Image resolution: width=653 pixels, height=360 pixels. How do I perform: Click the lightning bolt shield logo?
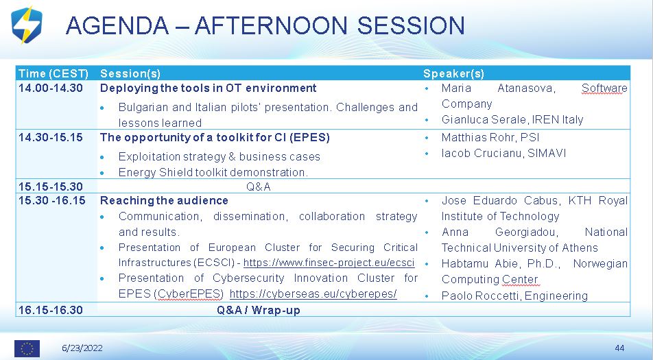coord(27,25)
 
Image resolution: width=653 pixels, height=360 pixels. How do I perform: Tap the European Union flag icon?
coord(27,348)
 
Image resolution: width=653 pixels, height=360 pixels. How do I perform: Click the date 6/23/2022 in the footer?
coord(82,348)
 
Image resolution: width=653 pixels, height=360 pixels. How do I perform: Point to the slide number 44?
coord(619,348)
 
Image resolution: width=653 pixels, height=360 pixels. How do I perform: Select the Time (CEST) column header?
coord(54,73)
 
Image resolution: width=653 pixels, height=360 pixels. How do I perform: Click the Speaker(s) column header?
coord(453,73)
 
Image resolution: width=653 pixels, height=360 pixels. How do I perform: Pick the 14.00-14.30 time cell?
coord(50,88)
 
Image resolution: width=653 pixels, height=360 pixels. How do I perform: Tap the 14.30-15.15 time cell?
coord(50,137)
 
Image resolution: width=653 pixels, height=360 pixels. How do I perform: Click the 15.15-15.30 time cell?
coord(50,187)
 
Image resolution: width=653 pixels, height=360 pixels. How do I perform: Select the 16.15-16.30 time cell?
coord(50,310)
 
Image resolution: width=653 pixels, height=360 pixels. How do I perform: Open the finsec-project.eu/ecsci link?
coord(329,263)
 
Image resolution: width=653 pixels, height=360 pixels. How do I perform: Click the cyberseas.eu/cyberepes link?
coord(313,293)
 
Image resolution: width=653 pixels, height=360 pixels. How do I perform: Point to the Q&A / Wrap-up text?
coord(258,310)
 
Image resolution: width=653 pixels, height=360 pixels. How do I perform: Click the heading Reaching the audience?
coord(164,201)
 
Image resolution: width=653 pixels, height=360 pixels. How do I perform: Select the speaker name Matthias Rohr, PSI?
coord(490,137)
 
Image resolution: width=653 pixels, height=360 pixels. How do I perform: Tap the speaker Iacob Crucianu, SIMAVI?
coord(504,153)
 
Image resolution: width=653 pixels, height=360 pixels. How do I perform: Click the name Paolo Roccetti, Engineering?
coord(514,296)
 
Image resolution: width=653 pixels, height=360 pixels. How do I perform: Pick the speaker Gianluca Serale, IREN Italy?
coord(512,120)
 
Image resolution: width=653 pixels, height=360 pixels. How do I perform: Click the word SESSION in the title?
coord(411,25)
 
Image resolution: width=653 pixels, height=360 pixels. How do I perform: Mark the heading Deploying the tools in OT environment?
coord(209,88)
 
